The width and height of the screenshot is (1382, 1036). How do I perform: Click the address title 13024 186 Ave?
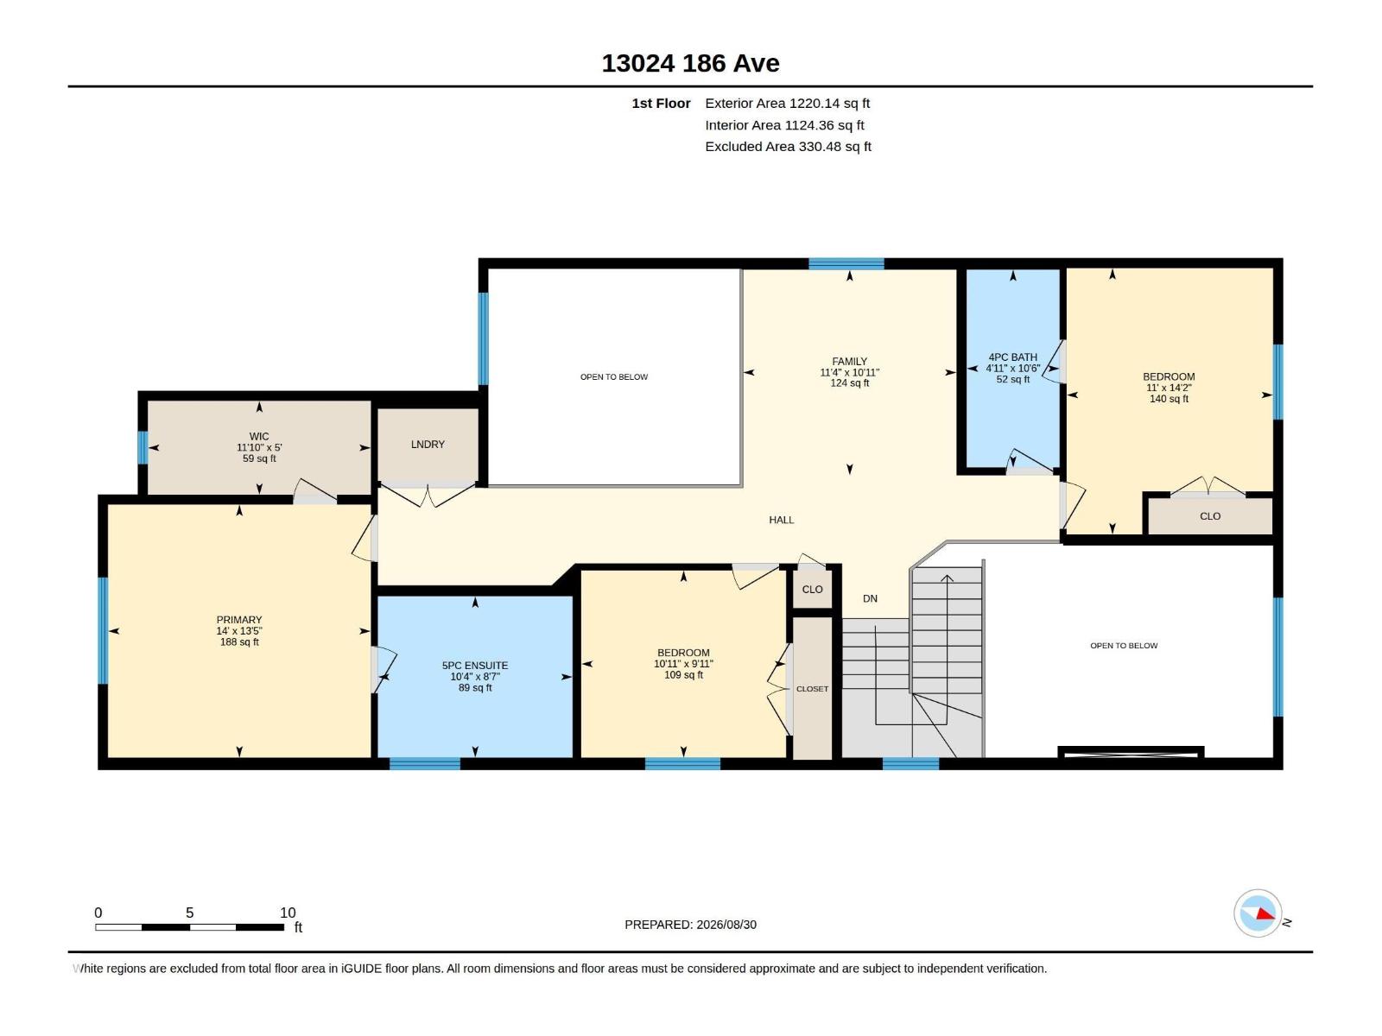tap(690, 63)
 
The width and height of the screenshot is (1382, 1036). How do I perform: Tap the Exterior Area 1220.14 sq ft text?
tap(787, 103)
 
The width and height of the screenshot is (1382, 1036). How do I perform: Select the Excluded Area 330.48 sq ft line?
tap(788, 147)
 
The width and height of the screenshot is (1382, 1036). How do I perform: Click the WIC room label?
tap(259, 437)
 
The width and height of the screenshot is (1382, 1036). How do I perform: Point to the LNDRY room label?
tap(428, 445)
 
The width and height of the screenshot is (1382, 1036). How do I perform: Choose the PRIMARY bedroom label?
tap(239, 620)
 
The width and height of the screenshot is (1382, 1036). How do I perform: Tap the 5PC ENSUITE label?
tap(475, 666)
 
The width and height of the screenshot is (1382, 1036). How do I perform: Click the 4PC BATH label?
tap(1012, 357)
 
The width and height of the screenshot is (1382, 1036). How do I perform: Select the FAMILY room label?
tap(849, 362)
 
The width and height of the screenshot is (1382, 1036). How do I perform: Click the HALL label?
tap(782, 521)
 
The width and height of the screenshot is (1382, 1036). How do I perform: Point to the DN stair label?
tap(870, 599)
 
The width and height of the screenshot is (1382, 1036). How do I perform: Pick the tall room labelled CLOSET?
tap(812, 688)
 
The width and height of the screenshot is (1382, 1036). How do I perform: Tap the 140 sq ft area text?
tap(1169, 399)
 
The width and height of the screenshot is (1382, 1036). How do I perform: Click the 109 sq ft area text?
tap(683, 675)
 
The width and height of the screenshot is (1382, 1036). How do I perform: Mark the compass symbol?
tap(1258, 913)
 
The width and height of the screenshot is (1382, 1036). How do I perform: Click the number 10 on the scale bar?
tap(288, 913)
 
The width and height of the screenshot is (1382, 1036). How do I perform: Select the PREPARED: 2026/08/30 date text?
tap(690, 925)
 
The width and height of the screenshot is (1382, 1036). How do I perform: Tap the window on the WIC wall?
tap(143, 447)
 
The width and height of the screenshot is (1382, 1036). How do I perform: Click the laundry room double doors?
tap(428, 495)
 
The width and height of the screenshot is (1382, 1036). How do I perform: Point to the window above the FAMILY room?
tap(846, 263)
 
